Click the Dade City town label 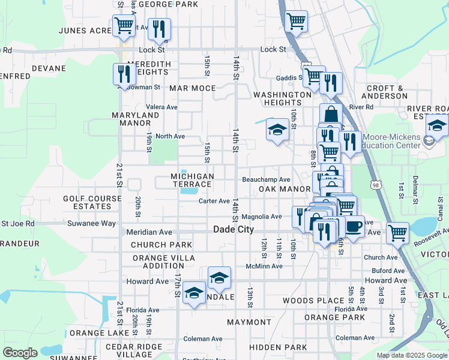[234, 230]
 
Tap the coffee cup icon [354, 227]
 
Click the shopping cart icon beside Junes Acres [124, 26]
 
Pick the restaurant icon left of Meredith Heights [124, 74]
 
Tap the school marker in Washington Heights [277, 130]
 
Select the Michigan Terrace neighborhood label [192, 180]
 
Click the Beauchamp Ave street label [266, 179]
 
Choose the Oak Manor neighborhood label [284, 189]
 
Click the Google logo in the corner [20, 352]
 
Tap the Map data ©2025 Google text [411, 355]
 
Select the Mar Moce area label [192, 88]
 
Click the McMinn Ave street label [264, 266]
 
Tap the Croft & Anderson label [387, 92]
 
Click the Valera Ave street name [163, 107]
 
